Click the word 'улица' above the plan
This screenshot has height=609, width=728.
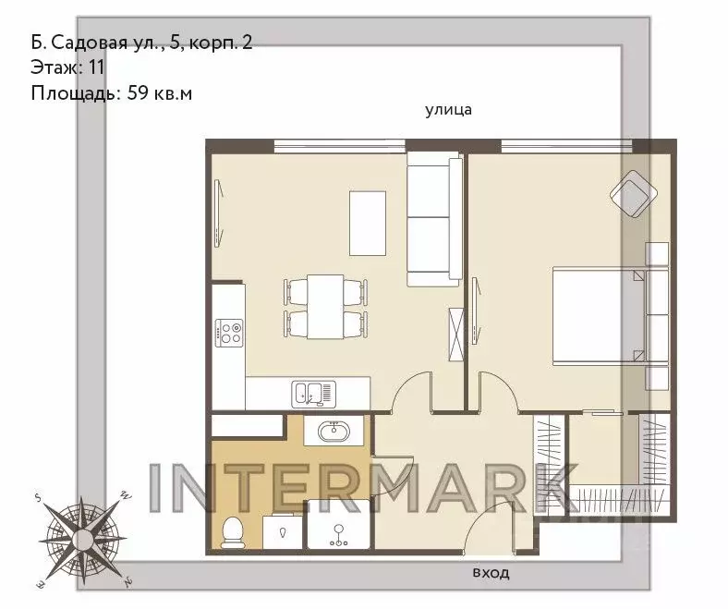[448, 110]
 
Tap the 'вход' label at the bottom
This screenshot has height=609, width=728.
[491, 572]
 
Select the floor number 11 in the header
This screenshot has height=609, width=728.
[96, 67]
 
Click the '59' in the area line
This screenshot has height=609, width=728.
[138, 93]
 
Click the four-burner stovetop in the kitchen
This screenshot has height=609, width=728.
[229, 333]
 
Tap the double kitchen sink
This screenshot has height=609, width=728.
[313, 395]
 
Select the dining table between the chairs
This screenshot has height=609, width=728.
[325, 307]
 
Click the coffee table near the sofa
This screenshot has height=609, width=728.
[368, 223]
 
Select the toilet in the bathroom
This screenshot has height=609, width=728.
[233, 532]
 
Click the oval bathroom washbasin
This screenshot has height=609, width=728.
[334, 431]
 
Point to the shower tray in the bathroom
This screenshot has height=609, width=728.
[339, 524]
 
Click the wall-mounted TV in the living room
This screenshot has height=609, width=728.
[220, 213]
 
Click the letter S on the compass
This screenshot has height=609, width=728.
[39, 498]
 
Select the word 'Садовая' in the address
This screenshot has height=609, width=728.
[89, 43]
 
